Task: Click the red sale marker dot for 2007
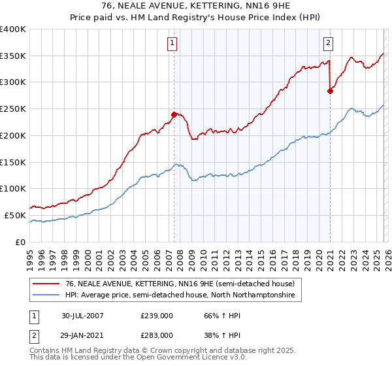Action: point(174,114)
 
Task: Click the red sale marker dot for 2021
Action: point(330,91)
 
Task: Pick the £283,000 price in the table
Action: point(157,335)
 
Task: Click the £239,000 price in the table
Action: point(157,316)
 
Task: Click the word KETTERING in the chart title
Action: point(191,7)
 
